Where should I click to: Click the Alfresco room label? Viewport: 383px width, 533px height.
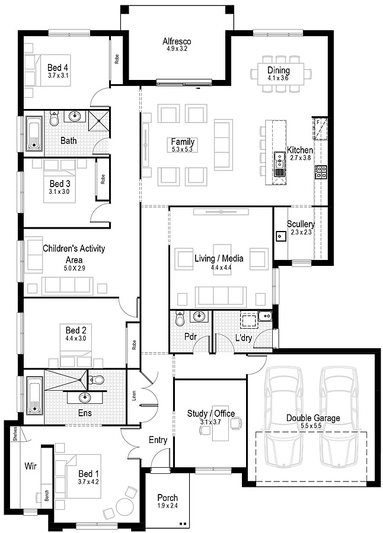pos(175,41)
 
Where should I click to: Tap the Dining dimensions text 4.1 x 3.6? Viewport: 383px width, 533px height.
pos(277,78)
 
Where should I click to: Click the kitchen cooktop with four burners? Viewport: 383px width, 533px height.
pos(321,172)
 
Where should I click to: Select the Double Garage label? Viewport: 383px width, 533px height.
pos(314,418)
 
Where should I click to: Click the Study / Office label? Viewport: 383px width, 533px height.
pos(211,413)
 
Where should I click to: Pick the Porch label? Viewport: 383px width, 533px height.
pos(168,498)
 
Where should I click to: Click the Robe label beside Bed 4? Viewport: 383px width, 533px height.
pos(117,59)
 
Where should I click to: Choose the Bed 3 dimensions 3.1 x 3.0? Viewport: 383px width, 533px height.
pos(59,192)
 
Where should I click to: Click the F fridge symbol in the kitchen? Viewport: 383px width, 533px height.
pos(318,123)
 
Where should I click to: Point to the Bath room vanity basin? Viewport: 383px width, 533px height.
pos(74,117)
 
